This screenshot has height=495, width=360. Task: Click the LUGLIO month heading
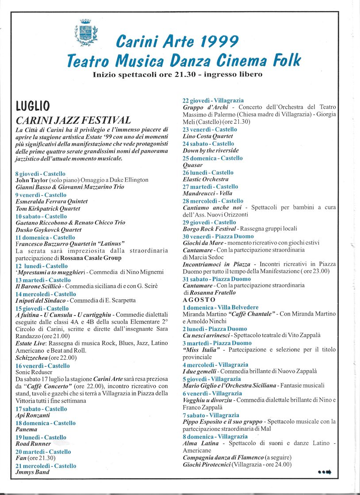point(33,106)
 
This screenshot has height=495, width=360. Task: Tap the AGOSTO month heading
point(199,300)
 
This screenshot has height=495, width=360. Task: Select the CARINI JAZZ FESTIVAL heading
point(73,120)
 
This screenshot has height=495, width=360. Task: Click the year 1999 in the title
point(217,42)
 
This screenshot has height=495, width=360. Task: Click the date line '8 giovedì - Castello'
point(40,174)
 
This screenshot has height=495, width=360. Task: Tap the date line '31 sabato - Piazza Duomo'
point(217,279)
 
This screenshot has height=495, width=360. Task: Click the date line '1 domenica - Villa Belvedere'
point(220,307)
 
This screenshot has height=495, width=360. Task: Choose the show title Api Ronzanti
point(33,416)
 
